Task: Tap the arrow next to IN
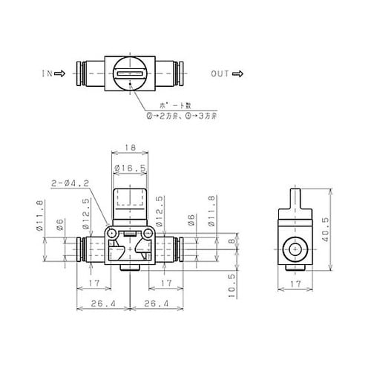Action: point(59,73)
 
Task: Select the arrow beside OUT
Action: point(239,73)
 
